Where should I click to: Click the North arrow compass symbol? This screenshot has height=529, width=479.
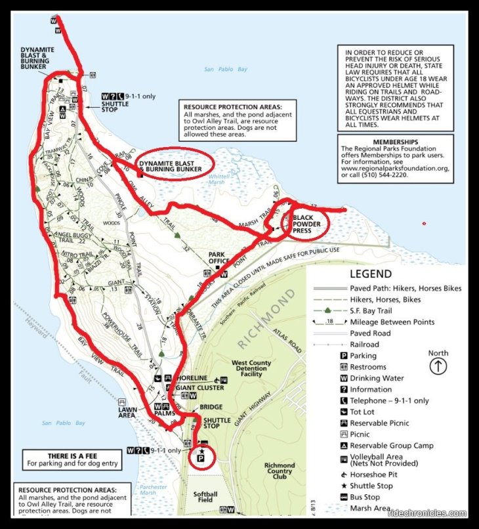(x=438, y=366)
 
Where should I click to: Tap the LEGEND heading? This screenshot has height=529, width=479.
(x=371, y=274)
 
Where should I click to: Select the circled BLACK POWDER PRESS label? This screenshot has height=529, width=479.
(x=306, y=224)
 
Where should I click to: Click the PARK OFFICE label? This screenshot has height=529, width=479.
(x=222, y=258)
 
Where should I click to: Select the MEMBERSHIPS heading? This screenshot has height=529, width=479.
(x=395, y=142)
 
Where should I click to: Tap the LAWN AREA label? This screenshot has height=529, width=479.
(x=127, y=412)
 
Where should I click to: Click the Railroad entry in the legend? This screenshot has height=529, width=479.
(x=364, y=345)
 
